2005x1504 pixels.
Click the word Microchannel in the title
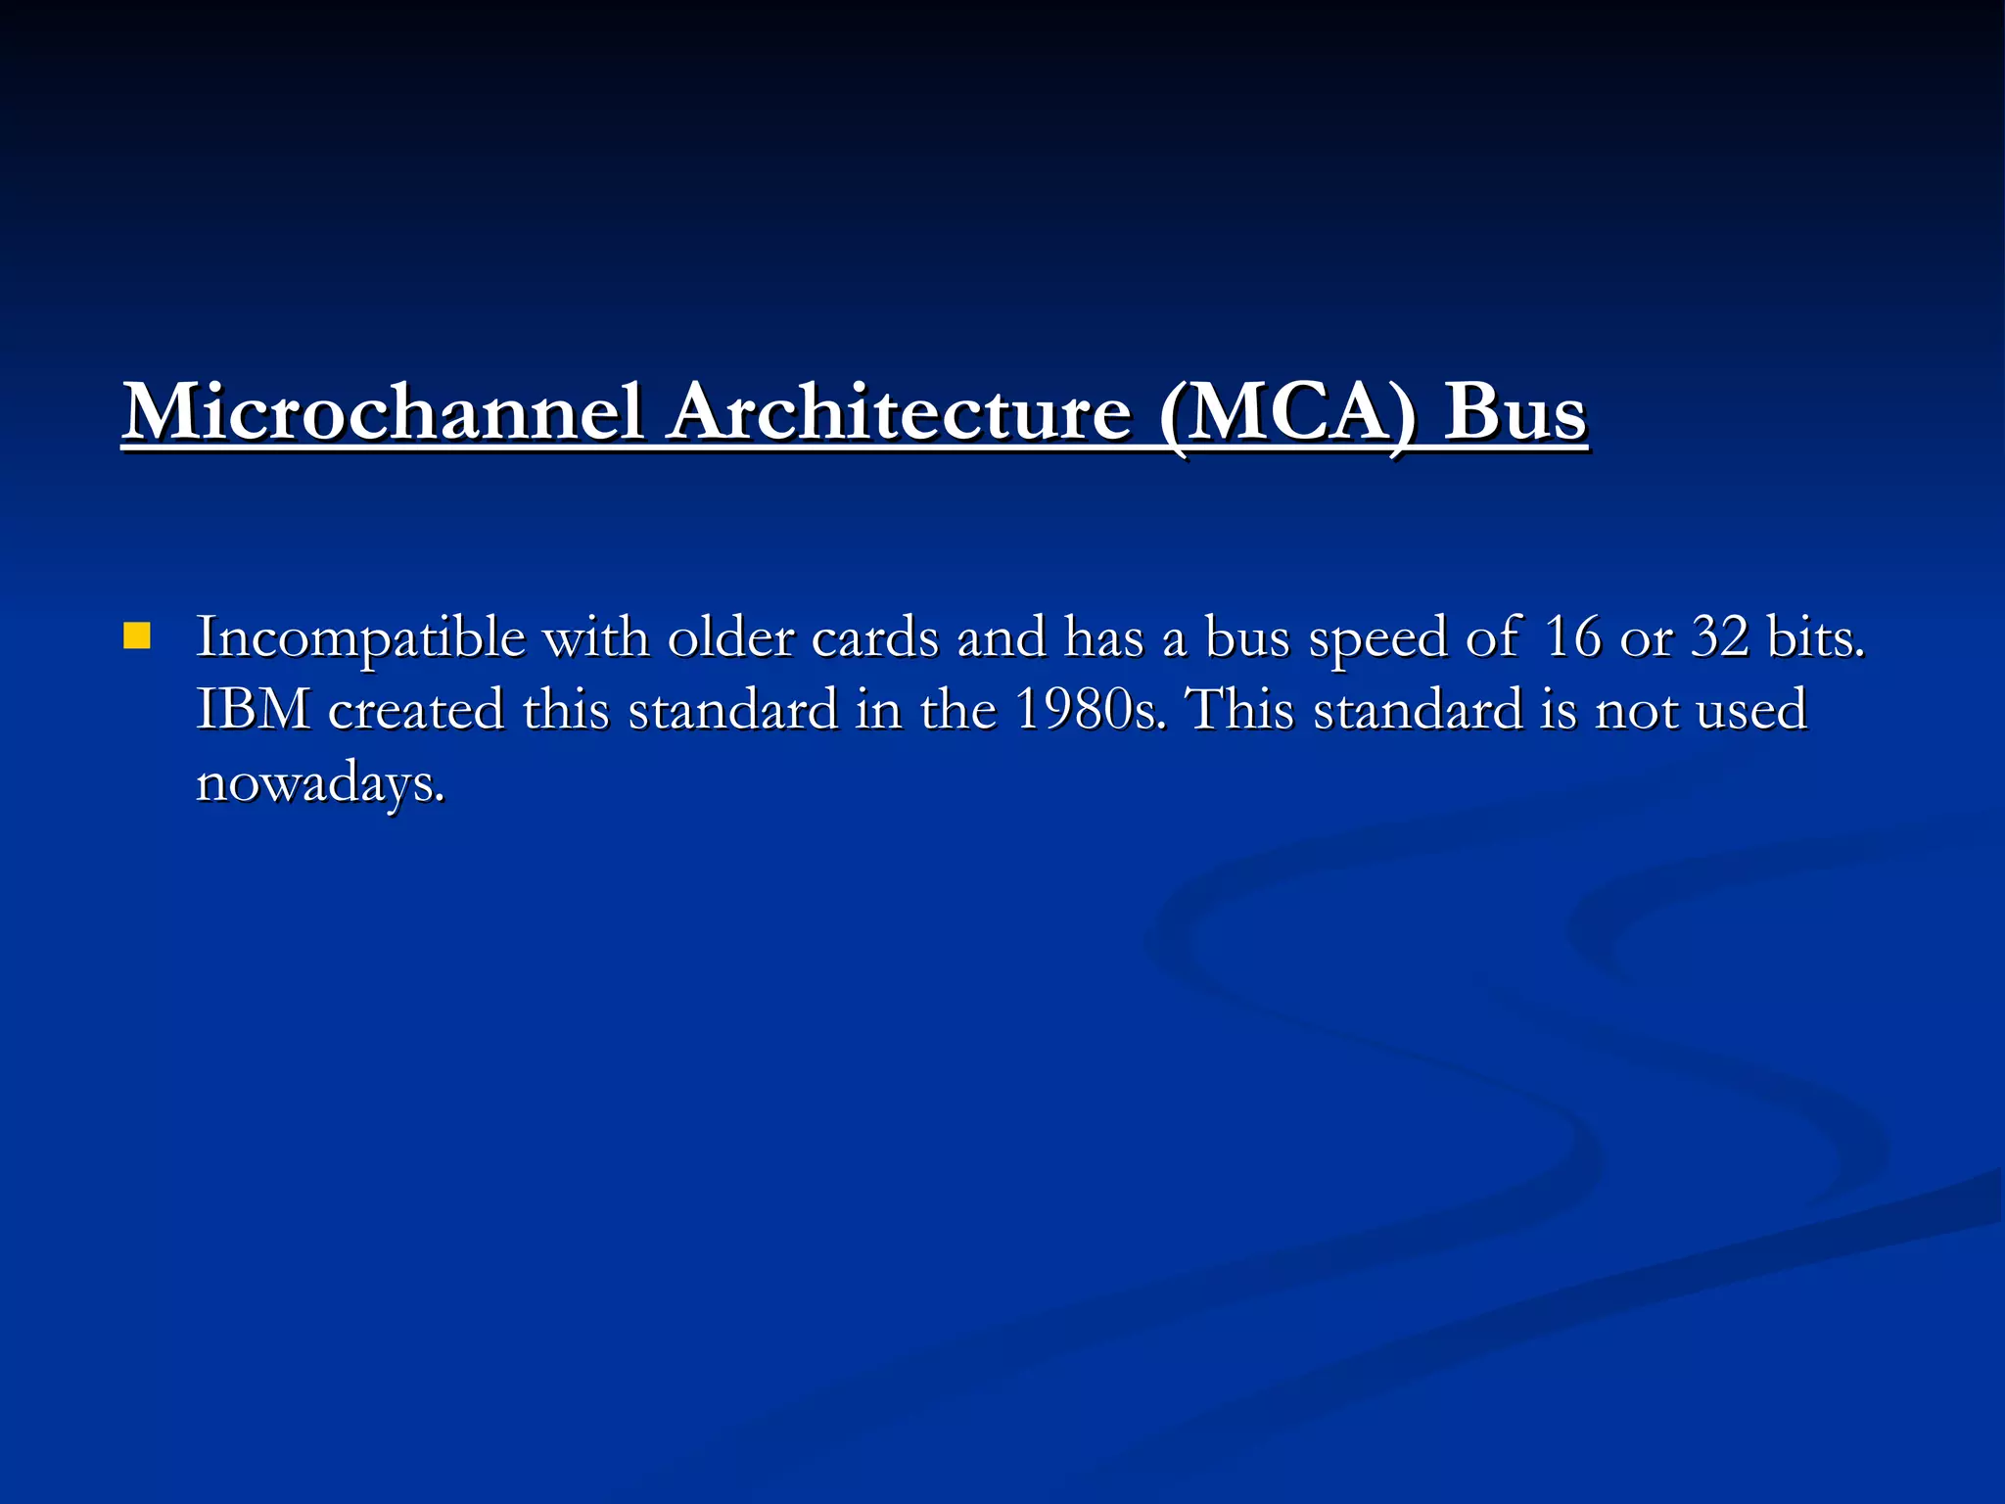383,412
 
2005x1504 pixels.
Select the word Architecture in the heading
900,412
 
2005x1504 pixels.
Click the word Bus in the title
1515,412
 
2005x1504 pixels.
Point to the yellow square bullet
137,637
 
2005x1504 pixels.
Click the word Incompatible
361,638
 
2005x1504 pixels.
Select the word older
730,638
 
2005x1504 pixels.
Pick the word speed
1376,638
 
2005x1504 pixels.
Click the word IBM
254,710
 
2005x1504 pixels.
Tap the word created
416,710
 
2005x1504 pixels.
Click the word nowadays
320,783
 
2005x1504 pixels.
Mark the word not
1638,710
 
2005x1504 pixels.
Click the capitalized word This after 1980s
1239,710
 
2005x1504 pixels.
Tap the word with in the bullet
596,638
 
